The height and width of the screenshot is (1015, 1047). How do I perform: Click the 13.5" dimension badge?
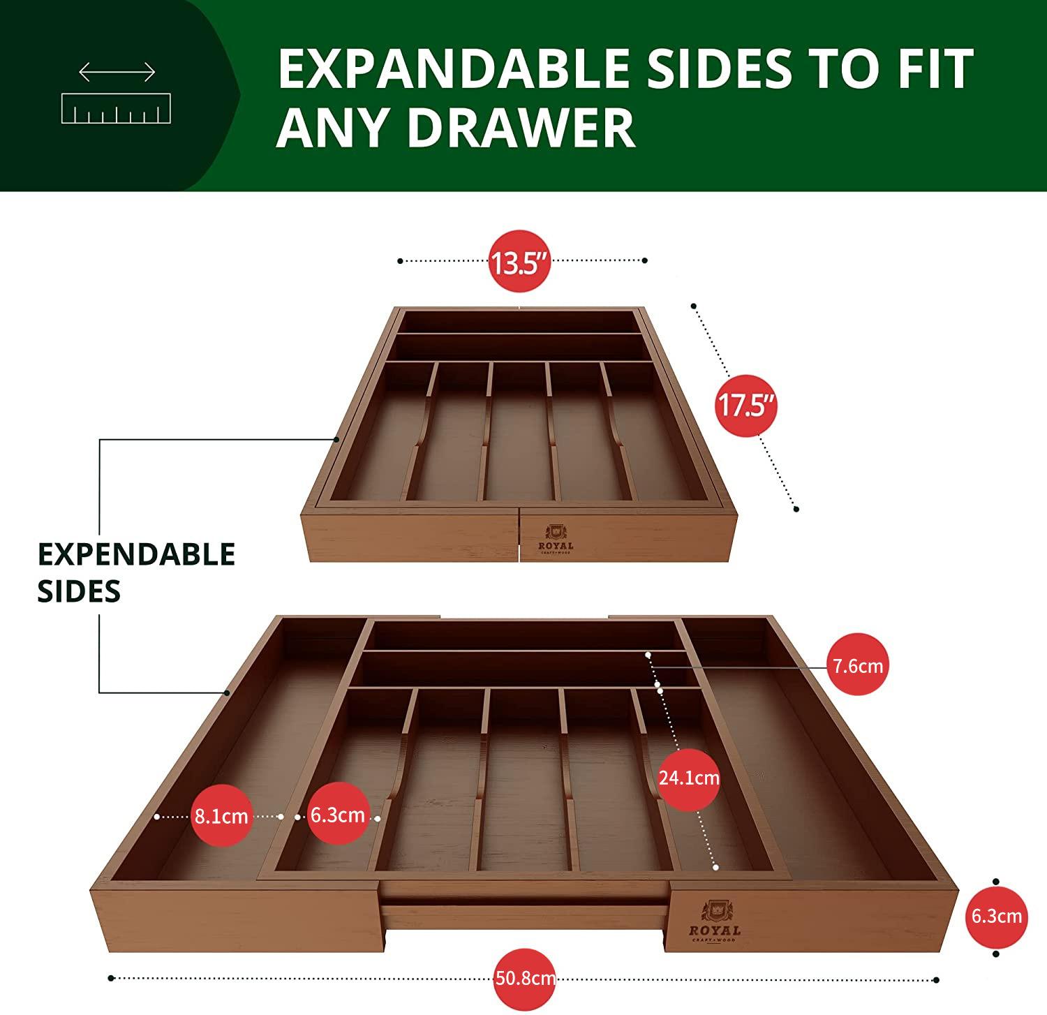519,261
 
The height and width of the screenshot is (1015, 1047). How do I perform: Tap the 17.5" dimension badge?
746,406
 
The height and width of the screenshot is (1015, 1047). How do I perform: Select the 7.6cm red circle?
858,665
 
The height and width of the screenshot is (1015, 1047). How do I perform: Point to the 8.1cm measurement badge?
222,815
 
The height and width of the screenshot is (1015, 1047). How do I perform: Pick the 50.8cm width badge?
525,979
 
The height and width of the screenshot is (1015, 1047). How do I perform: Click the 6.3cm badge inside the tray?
338,814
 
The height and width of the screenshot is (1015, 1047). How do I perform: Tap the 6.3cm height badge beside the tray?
997,916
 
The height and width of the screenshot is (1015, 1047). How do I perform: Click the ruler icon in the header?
116,108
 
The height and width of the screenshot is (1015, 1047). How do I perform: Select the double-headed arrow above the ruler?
117,72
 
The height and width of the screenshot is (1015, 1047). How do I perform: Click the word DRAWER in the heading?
521,128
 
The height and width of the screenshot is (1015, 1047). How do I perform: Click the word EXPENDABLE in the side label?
136,554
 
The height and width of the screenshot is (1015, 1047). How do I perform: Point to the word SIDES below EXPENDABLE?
79,592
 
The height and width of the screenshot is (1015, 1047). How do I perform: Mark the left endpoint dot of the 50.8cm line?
111,978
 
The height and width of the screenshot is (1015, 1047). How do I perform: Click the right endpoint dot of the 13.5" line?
644,260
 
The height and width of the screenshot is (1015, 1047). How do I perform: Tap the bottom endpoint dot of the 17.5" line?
796,509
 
